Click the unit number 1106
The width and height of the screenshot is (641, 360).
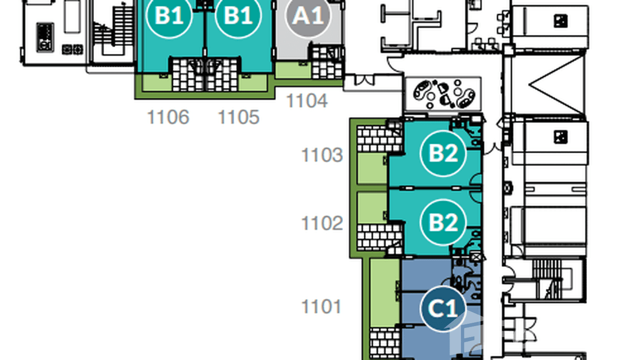pyautogui.click(x=168, y=117)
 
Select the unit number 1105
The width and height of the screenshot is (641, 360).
pyautogui.click(x=238, y=117)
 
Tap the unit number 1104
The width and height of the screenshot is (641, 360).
pyautogui.click(x=307, y=101)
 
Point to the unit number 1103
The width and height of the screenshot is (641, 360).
pyautogui.click(x=322, y=155)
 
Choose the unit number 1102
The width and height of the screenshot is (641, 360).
pyautogui.click(x=322, y=223)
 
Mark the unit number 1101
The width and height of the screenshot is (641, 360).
pyautogui.click(x=321, y=307)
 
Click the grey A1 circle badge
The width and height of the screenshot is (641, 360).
pyautogui.click(x=308, y=16)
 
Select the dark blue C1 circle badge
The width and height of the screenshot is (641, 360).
pyautogui.click(x=443, y=308)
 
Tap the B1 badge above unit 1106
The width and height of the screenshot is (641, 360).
pyautogui.click(x=169, y=16)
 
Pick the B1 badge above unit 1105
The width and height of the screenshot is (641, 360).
pyautogui.click(x=238, y=16)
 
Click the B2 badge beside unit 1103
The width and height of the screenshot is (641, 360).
pyautogui.click(x=443, y=154)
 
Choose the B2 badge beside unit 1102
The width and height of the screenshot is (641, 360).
pyautogui.click(x=443, y=222)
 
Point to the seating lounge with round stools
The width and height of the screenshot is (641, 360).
pyautogui.click(x=443, y=94)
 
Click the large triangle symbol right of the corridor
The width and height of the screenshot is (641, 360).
pyautogui.click(x=556, y=85)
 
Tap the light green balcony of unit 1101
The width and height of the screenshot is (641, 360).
pyautogui.click(x=385, y=292)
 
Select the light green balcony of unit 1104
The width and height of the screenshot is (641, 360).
pyautogui.click(x=293, y=70)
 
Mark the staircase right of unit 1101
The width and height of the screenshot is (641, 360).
pyautogui.click(x=548, y=279)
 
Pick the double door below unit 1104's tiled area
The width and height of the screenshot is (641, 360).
pyautogui.click(x=364, y=80)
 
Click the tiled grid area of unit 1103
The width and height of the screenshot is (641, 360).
pyautogui.click(x=379, y=139)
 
